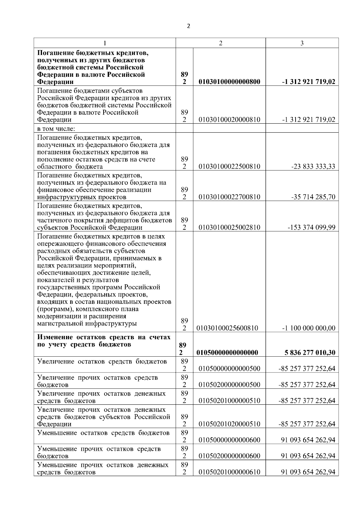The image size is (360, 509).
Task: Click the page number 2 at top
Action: click(x=188, y=26)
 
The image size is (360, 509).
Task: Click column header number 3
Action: click(x=302, y=43)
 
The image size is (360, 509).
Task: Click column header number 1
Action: click(x=104, y=43)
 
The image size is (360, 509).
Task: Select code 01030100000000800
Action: click(x=229, y=82)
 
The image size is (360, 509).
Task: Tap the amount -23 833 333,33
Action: click(x=313, y=167)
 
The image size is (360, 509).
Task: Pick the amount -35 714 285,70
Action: click(x=313, y=197)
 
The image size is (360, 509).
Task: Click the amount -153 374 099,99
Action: click(x=311, y=228)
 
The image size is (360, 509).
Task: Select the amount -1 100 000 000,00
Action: click(x=309, y=328)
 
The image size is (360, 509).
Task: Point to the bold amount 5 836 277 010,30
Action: click(x=310, y=353)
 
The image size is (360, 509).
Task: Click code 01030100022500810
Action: click(x=229, y=167)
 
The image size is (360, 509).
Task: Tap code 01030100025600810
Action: click(x=227, y=328)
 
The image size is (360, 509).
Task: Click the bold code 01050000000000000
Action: click(x=227, y=353)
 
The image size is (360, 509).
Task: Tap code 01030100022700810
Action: click(x=229, y=197)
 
